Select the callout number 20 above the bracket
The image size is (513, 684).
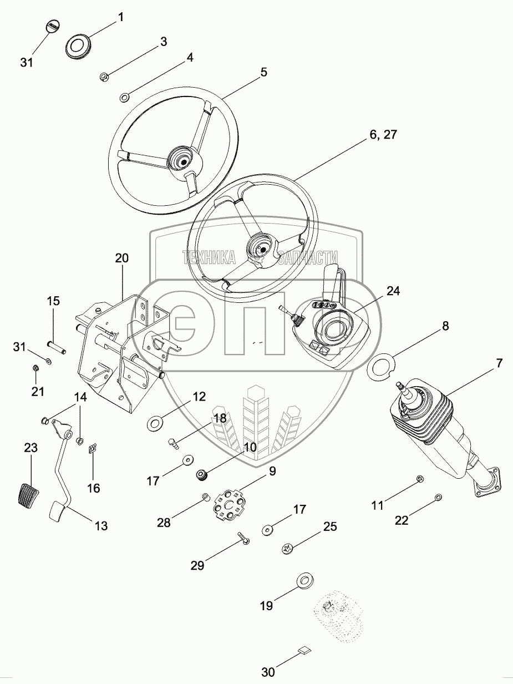[x=122, y=258]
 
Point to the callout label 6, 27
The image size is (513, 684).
[x=383, y=134]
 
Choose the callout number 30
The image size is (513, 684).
[x=268, y=672]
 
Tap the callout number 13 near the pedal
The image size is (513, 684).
[x=101, y=525]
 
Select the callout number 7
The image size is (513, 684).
[x=499, y=363]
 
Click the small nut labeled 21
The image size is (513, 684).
[x=35, y=368]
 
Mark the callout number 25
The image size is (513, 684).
[x=329, y=526]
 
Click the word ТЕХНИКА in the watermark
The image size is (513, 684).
[x=209, y=257]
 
